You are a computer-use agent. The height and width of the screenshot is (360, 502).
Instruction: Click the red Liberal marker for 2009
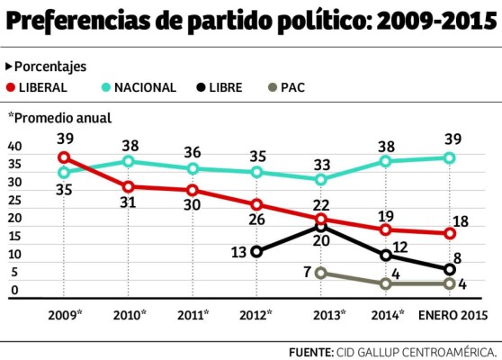pyautogui.click(x=63, y=157)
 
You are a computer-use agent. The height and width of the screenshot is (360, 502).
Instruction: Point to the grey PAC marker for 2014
pyautogui.click(x=387, y=283)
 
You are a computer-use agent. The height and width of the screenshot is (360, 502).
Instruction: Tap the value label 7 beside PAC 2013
pyautogui.click(x=307, y=272)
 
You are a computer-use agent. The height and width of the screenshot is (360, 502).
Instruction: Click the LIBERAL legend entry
pyautogui.click(x=36, y=87)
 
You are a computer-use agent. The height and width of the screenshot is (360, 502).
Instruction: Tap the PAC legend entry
pyautogui.click(x=290, y=87)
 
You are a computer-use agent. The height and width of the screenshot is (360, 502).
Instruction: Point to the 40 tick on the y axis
pyautogui.click(x=14, y=146)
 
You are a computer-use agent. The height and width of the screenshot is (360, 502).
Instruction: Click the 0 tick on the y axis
pyautogui.click(x=14, y=291)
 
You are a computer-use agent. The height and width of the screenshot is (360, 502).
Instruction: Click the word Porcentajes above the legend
pyautogui.click(x=51, y=67)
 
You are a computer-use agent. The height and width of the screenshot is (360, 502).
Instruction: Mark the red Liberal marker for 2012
pyautogui.click(x=257, y=204)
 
